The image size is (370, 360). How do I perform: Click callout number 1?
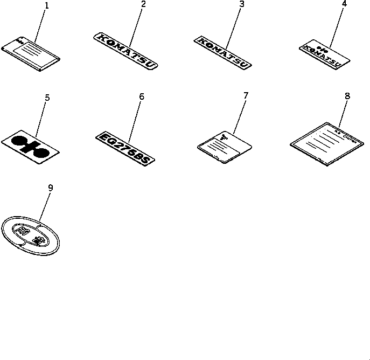pos(46,6)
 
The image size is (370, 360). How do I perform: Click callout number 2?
pos(143,5)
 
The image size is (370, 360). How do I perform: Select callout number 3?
pos(242,5)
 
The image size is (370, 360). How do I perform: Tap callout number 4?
pos(344,4)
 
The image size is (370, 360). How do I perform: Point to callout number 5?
pos(47,98)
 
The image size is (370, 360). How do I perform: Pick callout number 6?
pos(142,97)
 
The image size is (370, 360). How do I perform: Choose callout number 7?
pos(246,96)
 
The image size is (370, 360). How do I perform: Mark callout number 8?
pos(347,96)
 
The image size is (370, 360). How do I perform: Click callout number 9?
pos(51,188)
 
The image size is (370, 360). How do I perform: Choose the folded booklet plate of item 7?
pos(225,147)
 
